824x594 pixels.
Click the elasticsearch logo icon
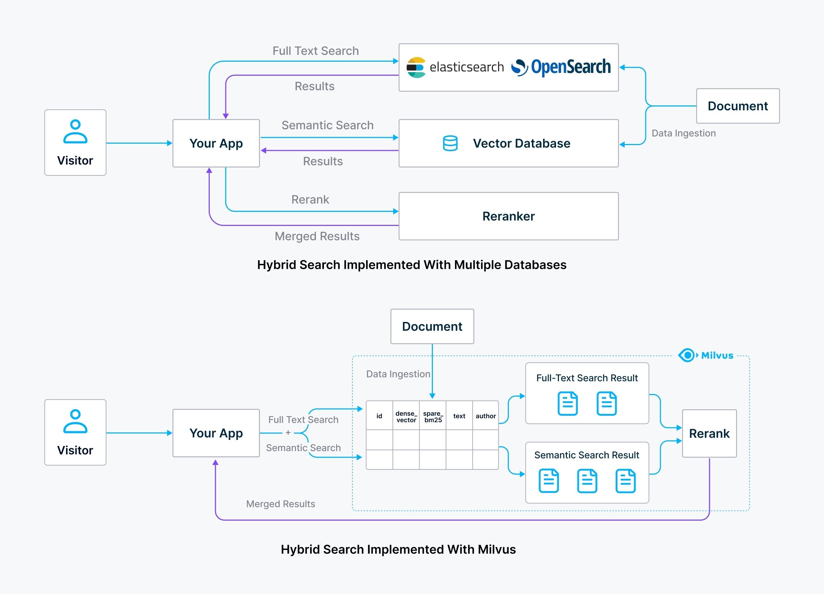(x=416, y=67)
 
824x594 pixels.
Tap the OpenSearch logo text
(x=571, y=67)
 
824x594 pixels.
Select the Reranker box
(x=508, y=216)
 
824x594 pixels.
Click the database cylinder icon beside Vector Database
(x=450, y=143)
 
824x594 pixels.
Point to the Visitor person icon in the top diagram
(x=75, y=131)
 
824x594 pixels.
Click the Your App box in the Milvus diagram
(x=216, y=433)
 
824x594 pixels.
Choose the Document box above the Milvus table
(x=432, y=326)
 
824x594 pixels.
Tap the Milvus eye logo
(x=687, y=355)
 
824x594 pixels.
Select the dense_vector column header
(x=406, y=416)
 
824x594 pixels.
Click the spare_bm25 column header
(x=433, y=416)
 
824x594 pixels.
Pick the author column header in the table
(x=485, y=416)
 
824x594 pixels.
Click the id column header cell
(x=379, y=416)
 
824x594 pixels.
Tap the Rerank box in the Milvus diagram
(x=709, y=433)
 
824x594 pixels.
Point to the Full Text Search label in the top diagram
(x=315, y=51)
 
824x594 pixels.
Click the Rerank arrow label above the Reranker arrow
(x=310, y=199)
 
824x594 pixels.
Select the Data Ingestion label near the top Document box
(x=684, y=133)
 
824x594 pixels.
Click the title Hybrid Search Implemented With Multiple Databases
(x=412, y=265)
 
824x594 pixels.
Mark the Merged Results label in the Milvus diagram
(x=281, y=503)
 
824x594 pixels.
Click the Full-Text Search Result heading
(x=587, y=378)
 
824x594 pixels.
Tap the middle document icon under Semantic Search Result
(x=587, y=481)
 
